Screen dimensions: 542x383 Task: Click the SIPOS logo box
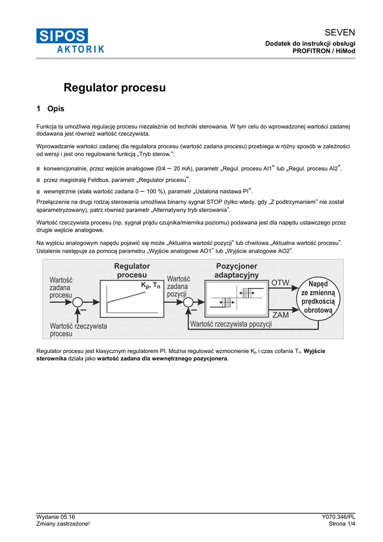(62, 36)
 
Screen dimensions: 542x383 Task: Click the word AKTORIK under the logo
(80, 49)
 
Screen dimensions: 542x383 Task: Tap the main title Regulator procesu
(115, 88)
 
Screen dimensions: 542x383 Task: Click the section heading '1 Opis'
(50, 109)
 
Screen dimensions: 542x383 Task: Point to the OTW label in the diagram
(280, 283)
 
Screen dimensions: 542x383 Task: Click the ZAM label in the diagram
(280, 314)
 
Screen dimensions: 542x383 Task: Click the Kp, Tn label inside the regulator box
(151, 285)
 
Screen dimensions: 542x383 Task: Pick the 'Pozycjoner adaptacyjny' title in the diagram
(236, 270)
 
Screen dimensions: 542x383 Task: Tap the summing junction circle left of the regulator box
(78, 302)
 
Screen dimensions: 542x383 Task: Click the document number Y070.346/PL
(338, 517)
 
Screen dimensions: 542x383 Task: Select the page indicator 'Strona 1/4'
(342, 524)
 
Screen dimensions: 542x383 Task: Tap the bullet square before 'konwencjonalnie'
(39, 169)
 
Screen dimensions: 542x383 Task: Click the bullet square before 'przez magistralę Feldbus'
(39, 180)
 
